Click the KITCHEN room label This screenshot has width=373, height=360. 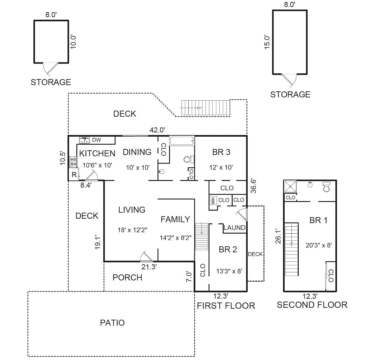pyautogui.click(x=97, y=153)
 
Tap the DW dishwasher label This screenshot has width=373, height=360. pyautogui.click(x=97, y=140)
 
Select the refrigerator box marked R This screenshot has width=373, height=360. pyautogui.click(x=74, y=175)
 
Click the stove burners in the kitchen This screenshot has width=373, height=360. pyautogui.click(x=73, y=162)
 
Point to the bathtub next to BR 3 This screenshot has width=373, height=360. pyautogui.click(x=182, y=141)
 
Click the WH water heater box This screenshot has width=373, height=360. pyautogui.click(x=213, y=201)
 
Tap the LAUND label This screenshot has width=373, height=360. pyautogui.click(x=234, y=228)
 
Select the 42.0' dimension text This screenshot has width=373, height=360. pyautogui.click(x=157, y=130)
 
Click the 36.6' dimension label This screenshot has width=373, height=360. pyautogui.click(x=254, y=186)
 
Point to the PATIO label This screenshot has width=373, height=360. pyautogui.click(x=112, y=323)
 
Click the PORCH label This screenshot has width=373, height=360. pyautogui.click(x=127, y=277)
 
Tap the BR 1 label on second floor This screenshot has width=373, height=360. pyautogui.click(x=318, y=220)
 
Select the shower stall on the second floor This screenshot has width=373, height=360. pyautogui.click(x=290, y=187)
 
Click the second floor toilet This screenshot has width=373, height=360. pyautogui.click(x=326, y=187)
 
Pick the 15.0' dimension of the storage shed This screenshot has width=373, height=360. pyautogui.click(x=267, y=42)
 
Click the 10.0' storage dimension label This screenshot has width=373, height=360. pyautogui.click(x=73, y=42)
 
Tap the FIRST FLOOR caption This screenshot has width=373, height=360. pyautogui.click(x=226, y=306)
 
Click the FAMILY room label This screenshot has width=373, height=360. pyautogui.click(x=175, y=219)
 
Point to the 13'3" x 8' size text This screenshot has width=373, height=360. pyautogui.click(x=229, y=271)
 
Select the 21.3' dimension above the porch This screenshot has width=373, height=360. pyautogui.click(x=149, y=267)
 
